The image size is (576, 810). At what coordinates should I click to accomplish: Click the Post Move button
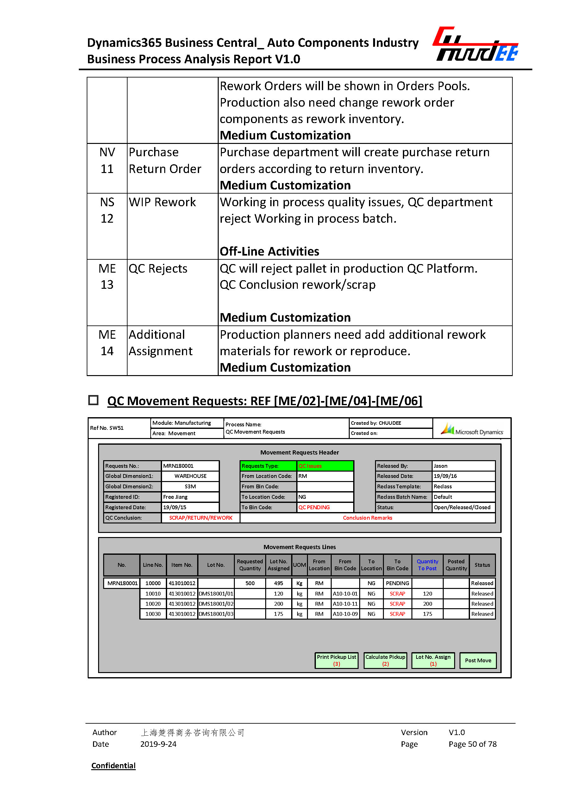click(478, 660)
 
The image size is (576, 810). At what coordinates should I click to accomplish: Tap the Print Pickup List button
click(336, 660)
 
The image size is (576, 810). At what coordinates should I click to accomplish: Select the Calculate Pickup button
click(385, 660)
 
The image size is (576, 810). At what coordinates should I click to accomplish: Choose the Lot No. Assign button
click(433, 660)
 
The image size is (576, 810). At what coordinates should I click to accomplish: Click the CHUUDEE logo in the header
click(475, 44)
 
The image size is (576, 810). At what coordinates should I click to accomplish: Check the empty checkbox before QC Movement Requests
click(93, 400)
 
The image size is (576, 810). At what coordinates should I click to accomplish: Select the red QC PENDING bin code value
click(314, 507)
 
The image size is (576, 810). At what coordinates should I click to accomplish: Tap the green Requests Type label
click(268, 466)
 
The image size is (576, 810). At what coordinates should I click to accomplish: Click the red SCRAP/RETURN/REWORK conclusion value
click(200, 517)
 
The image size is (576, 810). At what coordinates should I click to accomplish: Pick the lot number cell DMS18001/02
click(216, 604)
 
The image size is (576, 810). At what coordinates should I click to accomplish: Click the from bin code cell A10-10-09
click(345, 614)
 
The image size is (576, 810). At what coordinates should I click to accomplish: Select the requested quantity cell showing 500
click(250, 583)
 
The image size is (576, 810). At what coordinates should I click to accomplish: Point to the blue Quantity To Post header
click(427, 565)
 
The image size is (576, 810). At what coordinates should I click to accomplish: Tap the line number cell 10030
click(153, 614)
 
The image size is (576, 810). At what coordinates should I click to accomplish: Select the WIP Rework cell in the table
click(162, 202)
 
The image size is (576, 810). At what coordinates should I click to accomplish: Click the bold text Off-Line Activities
click(270, 251)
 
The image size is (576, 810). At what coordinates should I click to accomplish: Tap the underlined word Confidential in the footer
click(114, 765)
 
